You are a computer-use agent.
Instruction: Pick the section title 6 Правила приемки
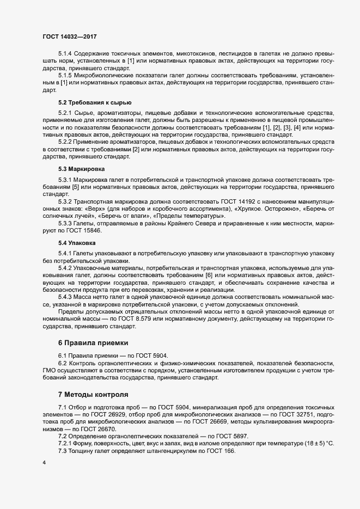coord(93,343)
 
